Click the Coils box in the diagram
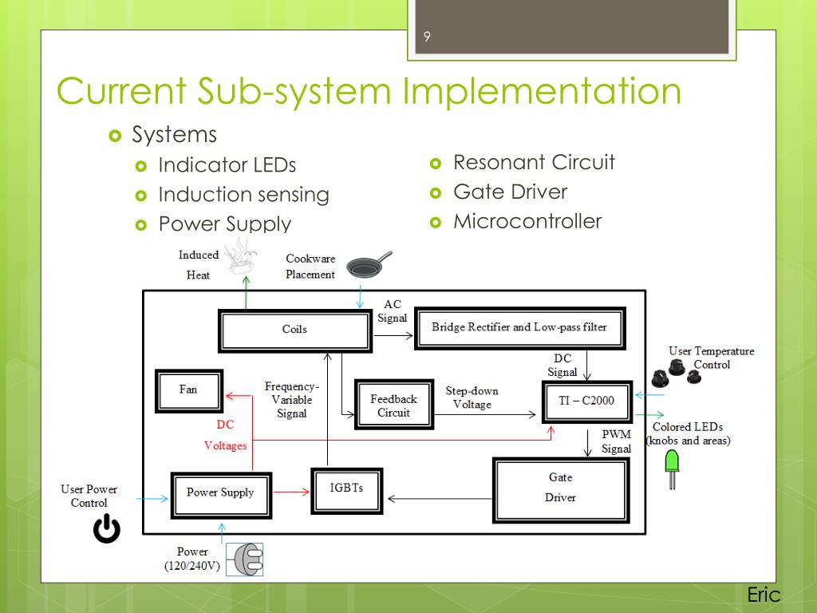[294, 330]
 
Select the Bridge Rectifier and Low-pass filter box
[519, 327]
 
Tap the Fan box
[188, 390]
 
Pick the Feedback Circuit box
[393, 405]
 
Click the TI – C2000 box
[586, 401]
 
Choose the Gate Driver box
[560, 488]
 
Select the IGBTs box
[346, 489]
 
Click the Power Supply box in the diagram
[220, 492]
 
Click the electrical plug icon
[244, 560]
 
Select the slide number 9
[427, 37]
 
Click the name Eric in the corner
[764, 595]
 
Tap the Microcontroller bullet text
[527, 221]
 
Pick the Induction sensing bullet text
[243, 195]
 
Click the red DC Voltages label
[226, 436]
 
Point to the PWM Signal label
[616, 441]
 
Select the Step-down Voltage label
[472, 397]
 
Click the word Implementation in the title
[542, 91]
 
